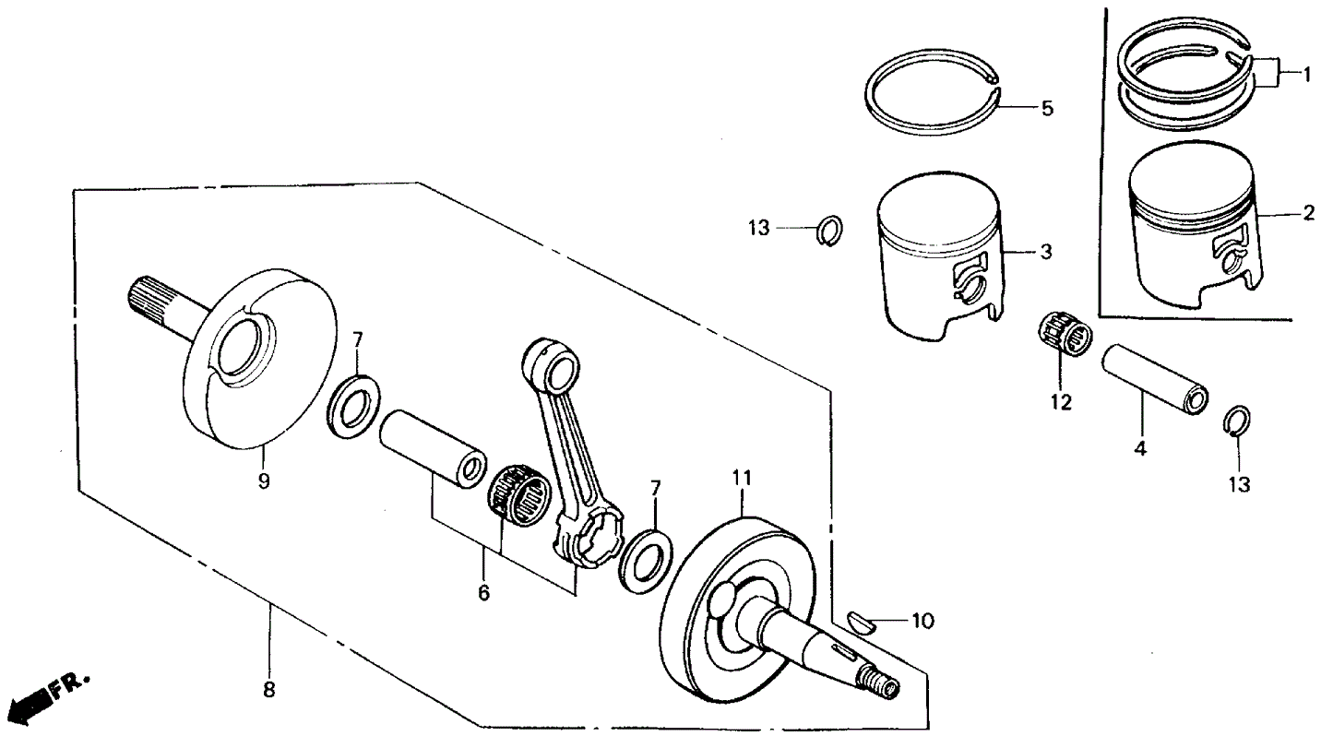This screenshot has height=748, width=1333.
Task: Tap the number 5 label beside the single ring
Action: point(1046,109)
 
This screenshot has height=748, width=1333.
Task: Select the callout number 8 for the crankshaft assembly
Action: point(269,689)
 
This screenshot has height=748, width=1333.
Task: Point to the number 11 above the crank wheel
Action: point(743,479)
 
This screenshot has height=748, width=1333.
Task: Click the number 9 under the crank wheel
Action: point(264,481)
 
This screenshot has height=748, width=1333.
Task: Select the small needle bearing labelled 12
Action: point(1065,336)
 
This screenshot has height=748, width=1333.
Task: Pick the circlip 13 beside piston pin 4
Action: point(1237,421)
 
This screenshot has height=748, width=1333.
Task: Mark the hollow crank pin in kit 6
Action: point(432,447)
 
